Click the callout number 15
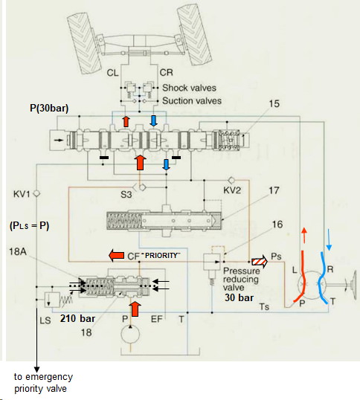click(x=274, y=104)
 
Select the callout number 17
click(x=274, y=190)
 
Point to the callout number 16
click(x=277, y=225)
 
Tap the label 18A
click(x=18, y=251)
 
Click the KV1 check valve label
click(x=22, y=194)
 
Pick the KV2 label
click(x=232, y=190)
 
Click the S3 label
click(x=126, y=195)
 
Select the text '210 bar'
click(x=77, y=318)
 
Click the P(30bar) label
click(x=49, y=108)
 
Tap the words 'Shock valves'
click(x=190, y=88)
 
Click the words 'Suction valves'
click(x=192, y=101)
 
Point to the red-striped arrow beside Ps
click(x=260, y=262)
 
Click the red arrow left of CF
click(x=117, y=256)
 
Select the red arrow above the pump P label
click(x=135, y=309)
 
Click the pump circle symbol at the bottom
click(x=130, y=335)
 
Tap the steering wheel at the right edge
click(x=353, y=285)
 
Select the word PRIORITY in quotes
click(x=161, y=255)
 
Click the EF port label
click(x=157, y=319)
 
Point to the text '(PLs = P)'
click(x=29, y=226)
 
